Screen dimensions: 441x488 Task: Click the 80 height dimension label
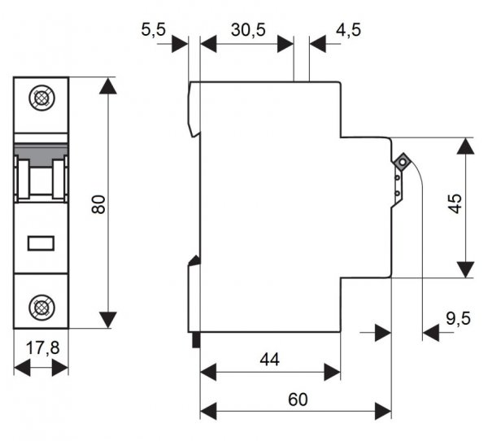pyautogui.click(x=98, y=204)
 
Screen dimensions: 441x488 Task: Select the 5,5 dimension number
pyautogui.click(x=154, y=30)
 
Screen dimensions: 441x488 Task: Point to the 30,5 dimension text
pyautogui.click(x=247, y=30)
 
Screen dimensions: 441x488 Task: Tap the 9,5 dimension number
pyautogui.click(x=458, y=317)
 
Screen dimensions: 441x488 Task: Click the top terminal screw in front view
pyautogui.click(x=41, y=98)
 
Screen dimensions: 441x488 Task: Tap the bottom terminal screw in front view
pyautogui.click(x=41, y=307)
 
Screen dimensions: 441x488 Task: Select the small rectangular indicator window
pyautogui.click(x=41, y=242)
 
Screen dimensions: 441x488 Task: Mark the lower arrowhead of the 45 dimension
pyautogui.click(x=464, y=269)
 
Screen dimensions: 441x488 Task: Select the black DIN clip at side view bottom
pyautogui.click(x=195, y=340)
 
